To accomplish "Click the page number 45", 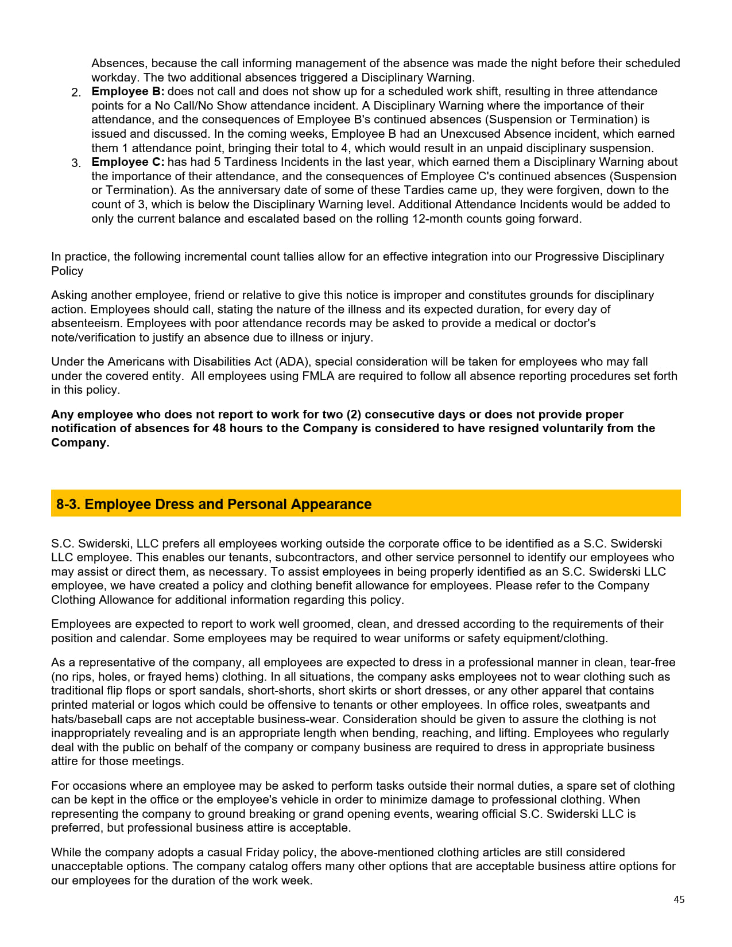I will click(x=679, y=899).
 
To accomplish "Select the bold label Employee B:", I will click(x=127, y=91).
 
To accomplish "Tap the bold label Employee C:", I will click(x=127, y=162).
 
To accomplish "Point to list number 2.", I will click(x=76, y=92).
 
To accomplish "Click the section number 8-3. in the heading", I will click(x=68, y=504).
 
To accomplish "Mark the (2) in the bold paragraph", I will click(x=354, y=414).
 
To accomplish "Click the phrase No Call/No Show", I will click(x=201, y=106).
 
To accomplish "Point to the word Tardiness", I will click(x=248, y=162).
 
